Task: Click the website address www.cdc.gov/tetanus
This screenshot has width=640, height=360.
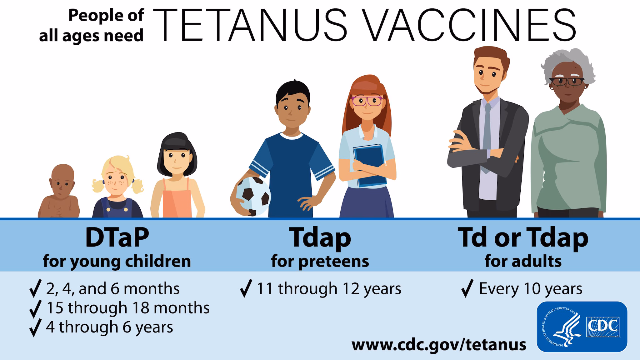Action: pyautogui.click(x=439, y=344)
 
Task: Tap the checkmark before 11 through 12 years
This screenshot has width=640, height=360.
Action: pyautogui.click(x=246, y=289)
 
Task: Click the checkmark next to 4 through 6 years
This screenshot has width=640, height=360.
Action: pyautogui.click(x=35, y=328)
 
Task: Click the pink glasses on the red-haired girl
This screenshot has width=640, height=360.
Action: pyautogui.click(x=366, y=101)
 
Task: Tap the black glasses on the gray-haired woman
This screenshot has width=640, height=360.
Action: pyautogui.click(x=566, y=82)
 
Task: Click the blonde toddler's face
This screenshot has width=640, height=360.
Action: pyautogui.click(x=117, y=182)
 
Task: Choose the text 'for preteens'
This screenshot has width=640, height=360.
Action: pyautogui.click(x=320, y=261)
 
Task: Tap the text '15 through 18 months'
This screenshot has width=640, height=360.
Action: pyautogui.click(x=128, y=308)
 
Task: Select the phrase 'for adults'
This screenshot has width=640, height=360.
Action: pyautogui.click(x=523, y=261)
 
